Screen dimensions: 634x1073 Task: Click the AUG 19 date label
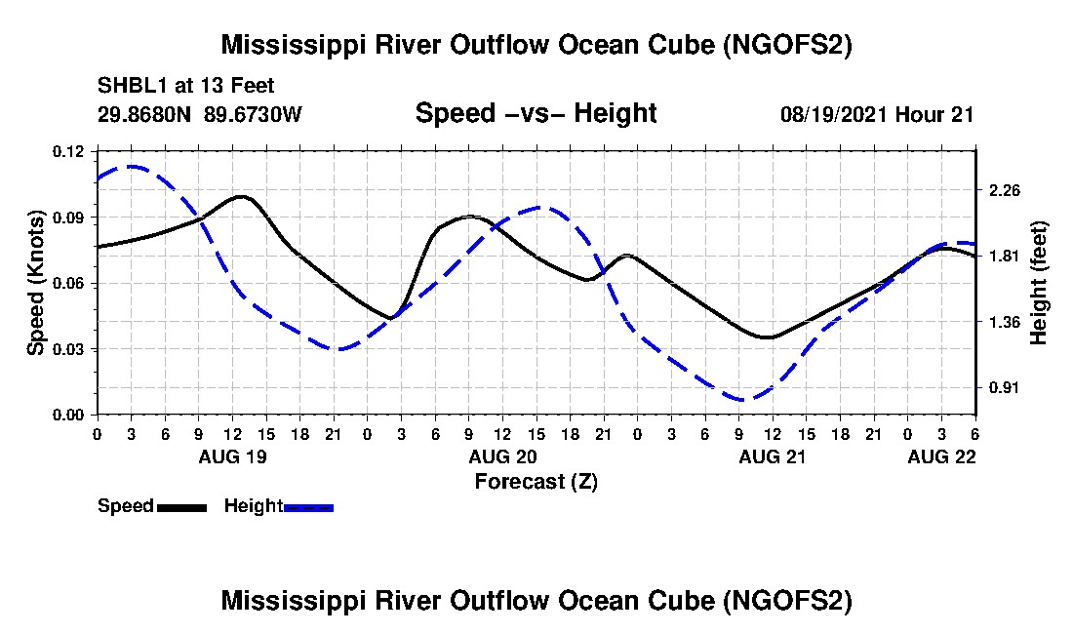pyautogui.click(x=232, y=456)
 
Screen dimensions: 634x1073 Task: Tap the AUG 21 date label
pyautogui.click(x=773, y=456)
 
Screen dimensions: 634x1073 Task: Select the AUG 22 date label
pyautogui.click(x=941, y=456)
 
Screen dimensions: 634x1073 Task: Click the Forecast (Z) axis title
pyautogui.click(x=536, y=482)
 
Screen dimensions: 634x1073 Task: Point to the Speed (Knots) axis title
pyautogui.click(x=36, y=283)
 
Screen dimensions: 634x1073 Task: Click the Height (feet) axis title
pyautogui.click(x=1039, y=283)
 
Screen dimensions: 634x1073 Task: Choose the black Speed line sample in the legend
pyautogui.click(x=181, y=507)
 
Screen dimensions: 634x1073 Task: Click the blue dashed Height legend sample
pyautogui.click(x=308, y=507)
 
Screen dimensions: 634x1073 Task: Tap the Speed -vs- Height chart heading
pyautogui.click(x=536, y=113)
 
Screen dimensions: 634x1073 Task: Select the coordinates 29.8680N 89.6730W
pyautogui.click(x=200, y=114)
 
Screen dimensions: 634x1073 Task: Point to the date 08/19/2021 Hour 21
pyautogui.click(x=876, y=114)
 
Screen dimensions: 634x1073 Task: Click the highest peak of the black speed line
pyautogui.click(x=241, y=196)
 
